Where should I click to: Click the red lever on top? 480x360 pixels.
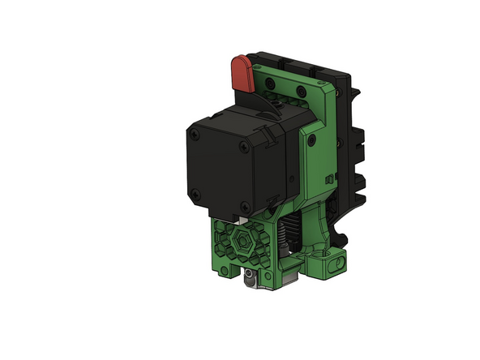coord(241,73)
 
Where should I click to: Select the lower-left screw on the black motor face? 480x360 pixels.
coord(198,192)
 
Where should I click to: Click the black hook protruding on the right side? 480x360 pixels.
coord(347,236)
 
